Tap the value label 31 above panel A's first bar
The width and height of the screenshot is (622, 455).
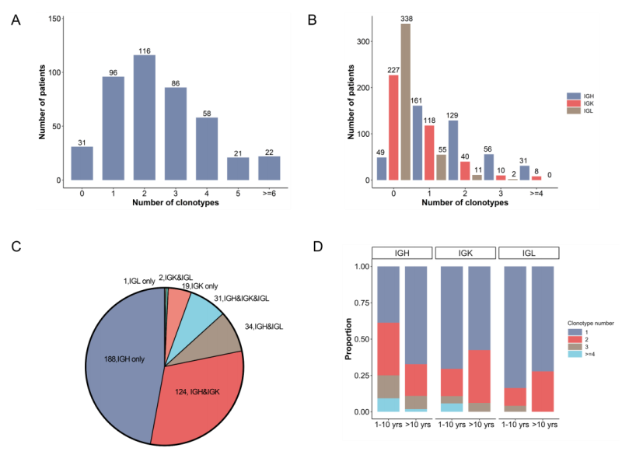(82, 142)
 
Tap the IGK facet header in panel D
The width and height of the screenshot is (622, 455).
(464, 253)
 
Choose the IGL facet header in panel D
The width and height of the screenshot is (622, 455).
(529, 253)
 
